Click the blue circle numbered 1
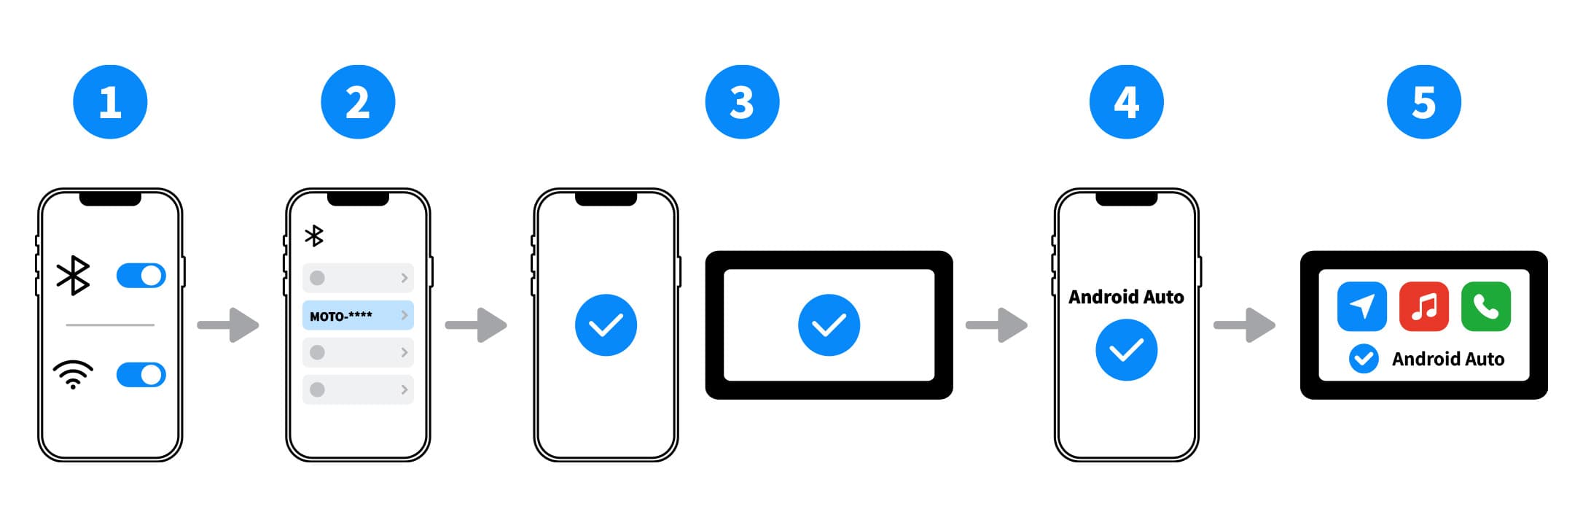point(110,102)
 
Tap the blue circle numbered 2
point(358,102)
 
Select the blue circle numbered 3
point(742,102)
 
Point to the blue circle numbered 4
point(1126,102)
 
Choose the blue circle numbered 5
point(1423,102)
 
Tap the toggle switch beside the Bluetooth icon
point(141,276)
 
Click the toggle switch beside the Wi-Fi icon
point(141,375)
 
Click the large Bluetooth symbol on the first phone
point(73,276)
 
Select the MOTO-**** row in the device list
point(358,315)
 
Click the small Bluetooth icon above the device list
point(314,236)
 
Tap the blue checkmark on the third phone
point(606,325)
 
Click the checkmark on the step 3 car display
point(829,325)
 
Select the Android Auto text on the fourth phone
point(1126,297)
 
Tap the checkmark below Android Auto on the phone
point(1126,350)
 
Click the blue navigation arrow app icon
point(1362,306)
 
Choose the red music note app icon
point(1424,306)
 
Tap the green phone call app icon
point(1486,306)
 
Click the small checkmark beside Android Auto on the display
point(1364,359)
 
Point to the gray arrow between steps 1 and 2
point(228,325)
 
